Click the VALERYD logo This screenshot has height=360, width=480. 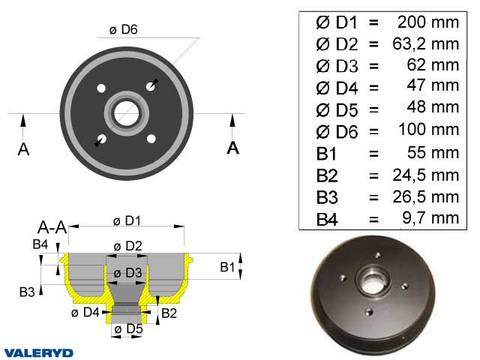38,352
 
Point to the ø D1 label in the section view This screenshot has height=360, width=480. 128,220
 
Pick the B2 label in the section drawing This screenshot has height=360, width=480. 169,312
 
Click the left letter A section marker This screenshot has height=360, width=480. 23,148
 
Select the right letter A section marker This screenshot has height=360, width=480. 232,147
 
